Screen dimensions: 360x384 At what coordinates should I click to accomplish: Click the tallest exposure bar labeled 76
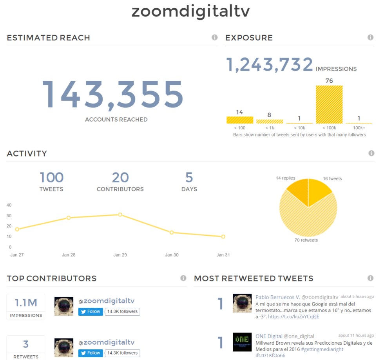pyautogui.click(x=329, y=104)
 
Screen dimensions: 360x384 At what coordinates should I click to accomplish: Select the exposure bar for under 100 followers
pyautogui.click(x=239, y=120)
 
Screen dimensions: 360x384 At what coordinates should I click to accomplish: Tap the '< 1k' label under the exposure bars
pyautogui.click(x=269, y=128)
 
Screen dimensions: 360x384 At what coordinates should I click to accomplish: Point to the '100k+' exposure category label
pyautogui.click(x=359, y=128)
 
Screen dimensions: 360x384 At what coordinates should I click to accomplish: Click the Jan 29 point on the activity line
pyautogui.click(x=120, y=215)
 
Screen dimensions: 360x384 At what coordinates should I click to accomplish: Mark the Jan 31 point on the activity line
pyautogui.click(x=223, y=236)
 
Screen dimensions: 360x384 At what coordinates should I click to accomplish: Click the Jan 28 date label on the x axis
pyautogui.click(x=69, y=255)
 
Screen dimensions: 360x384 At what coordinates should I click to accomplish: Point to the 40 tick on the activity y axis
pyautogui.click(x=9, y=205)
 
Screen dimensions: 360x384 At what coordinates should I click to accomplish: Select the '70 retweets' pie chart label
pyautogui.click(x=306, y=240)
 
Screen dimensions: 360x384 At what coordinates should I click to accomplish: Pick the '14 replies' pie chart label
pyautogui.click(x=285, y=178)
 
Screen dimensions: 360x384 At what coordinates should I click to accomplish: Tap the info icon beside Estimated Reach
pyautogui.click(x=214, y=38)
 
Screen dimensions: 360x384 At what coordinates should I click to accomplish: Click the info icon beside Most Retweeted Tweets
pyautogui.click(x=370, y=278)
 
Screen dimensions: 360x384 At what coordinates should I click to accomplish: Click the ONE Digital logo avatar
pyautogui.click(x=242, y=342)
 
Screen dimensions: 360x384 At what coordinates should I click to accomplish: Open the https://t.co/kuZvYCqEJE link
pyautogui.click(x=293, y=316)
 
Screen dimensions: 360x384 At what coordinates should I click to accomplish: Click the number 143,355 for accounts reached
pyautogui.click(x=112, y=95)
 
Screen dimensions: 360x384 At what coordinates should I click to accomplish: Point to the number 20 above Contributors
pyautogui.click(x=120, y=178)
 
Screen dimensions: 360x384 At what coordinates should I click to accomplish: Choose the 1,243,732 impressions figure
pyautogui.click(x=270, y=65)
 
